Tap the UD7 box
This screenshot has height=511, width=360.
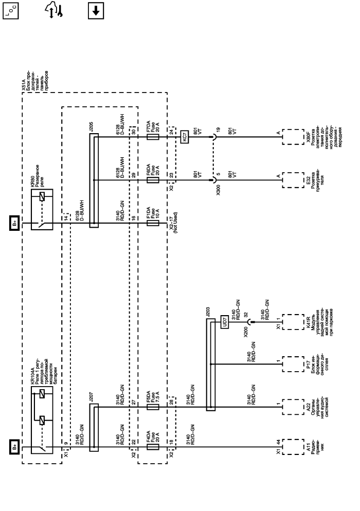[224, 322]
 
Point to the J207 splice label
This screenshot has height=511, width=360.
[91, 397]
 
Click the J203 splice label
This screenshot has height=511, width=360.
[207, 311]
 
